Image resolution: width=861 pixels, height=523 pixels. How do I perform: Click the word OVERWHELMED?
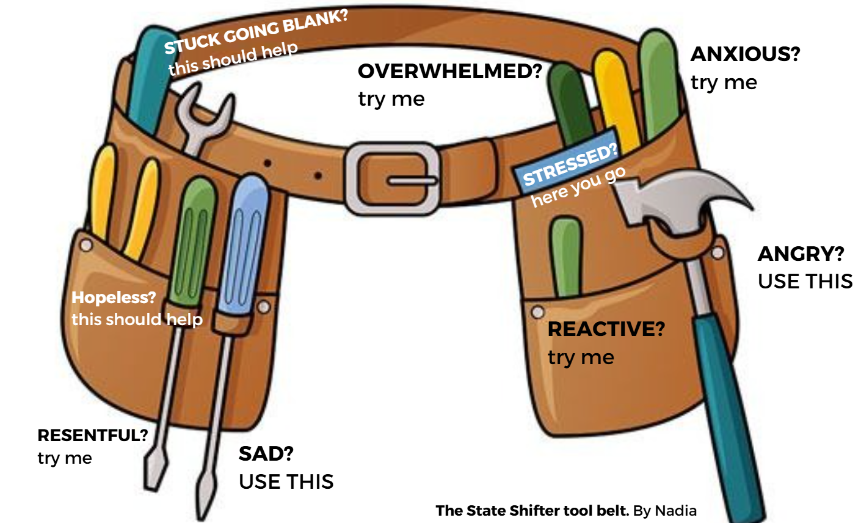click(449, 71)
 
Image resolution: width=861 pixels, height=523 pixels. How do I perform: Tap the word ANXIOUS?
click(745, 54)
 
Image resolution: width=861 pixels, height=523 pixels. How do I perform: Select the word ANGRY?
click(801, 254)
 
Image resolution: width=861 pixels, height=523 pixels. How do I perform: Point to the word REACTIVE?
click(606, 329)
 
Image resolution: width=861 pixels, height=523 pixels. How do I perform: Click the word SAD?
click(266, 454)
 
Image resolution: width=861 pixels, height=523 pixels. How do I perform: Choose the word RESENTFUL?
click(93, 436)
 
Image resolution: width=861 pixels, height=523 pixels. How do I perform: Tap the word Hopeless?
click(114, 298)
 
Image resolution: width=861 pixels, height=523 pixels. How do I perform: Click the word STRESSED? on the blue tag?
click(570, 164)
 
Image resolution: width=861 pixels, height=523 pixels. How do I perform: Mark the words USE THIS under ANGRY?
click(805, 282)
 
